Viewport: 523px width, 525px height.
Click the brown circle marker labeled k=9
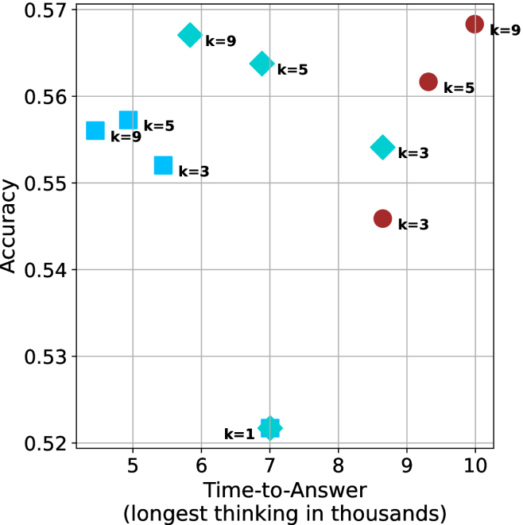coord(475,24)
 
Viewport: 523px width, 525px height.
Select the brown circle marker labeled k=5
coord(428,81)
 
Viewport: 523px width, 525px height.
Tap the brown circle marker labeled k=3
coord(382,218)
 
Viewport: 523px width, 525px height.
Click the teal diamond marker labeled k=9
coord(189,35)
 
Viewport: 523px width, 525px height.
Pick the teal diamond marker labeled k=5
coord(261,64)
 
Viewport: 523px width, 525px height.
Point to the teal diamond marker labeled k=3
coord(382,147)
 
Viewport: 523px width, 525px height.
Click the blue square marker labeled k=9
coord(95,130)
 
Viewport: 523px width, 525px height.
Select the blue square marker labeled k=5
coord(129,120)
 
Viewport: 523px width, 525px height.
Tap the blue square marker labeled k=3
coord(163,165)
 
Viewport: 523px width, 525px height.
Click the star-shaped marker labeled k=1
coord(270,428)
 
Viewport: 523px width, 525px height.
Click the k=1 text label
coord(239,434)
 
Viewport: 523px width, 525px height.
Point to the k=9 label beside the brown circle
coord(505,31)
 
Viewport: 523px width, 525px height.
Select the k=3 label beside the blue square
coord(194,171)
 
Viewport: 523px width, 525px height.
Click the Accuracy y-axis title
coord(10,226)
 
